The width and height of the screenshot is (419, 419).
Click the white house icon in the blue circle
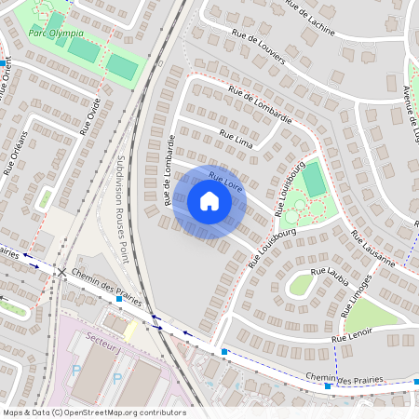point(209,201)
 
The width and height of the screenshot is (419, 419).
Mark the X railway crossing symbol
point(62,273)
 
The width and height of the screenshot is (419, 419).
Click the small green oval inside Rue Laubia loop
point(300,285)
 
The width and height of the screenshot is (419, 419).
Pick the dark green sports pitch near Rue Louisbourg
point(315,179)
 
